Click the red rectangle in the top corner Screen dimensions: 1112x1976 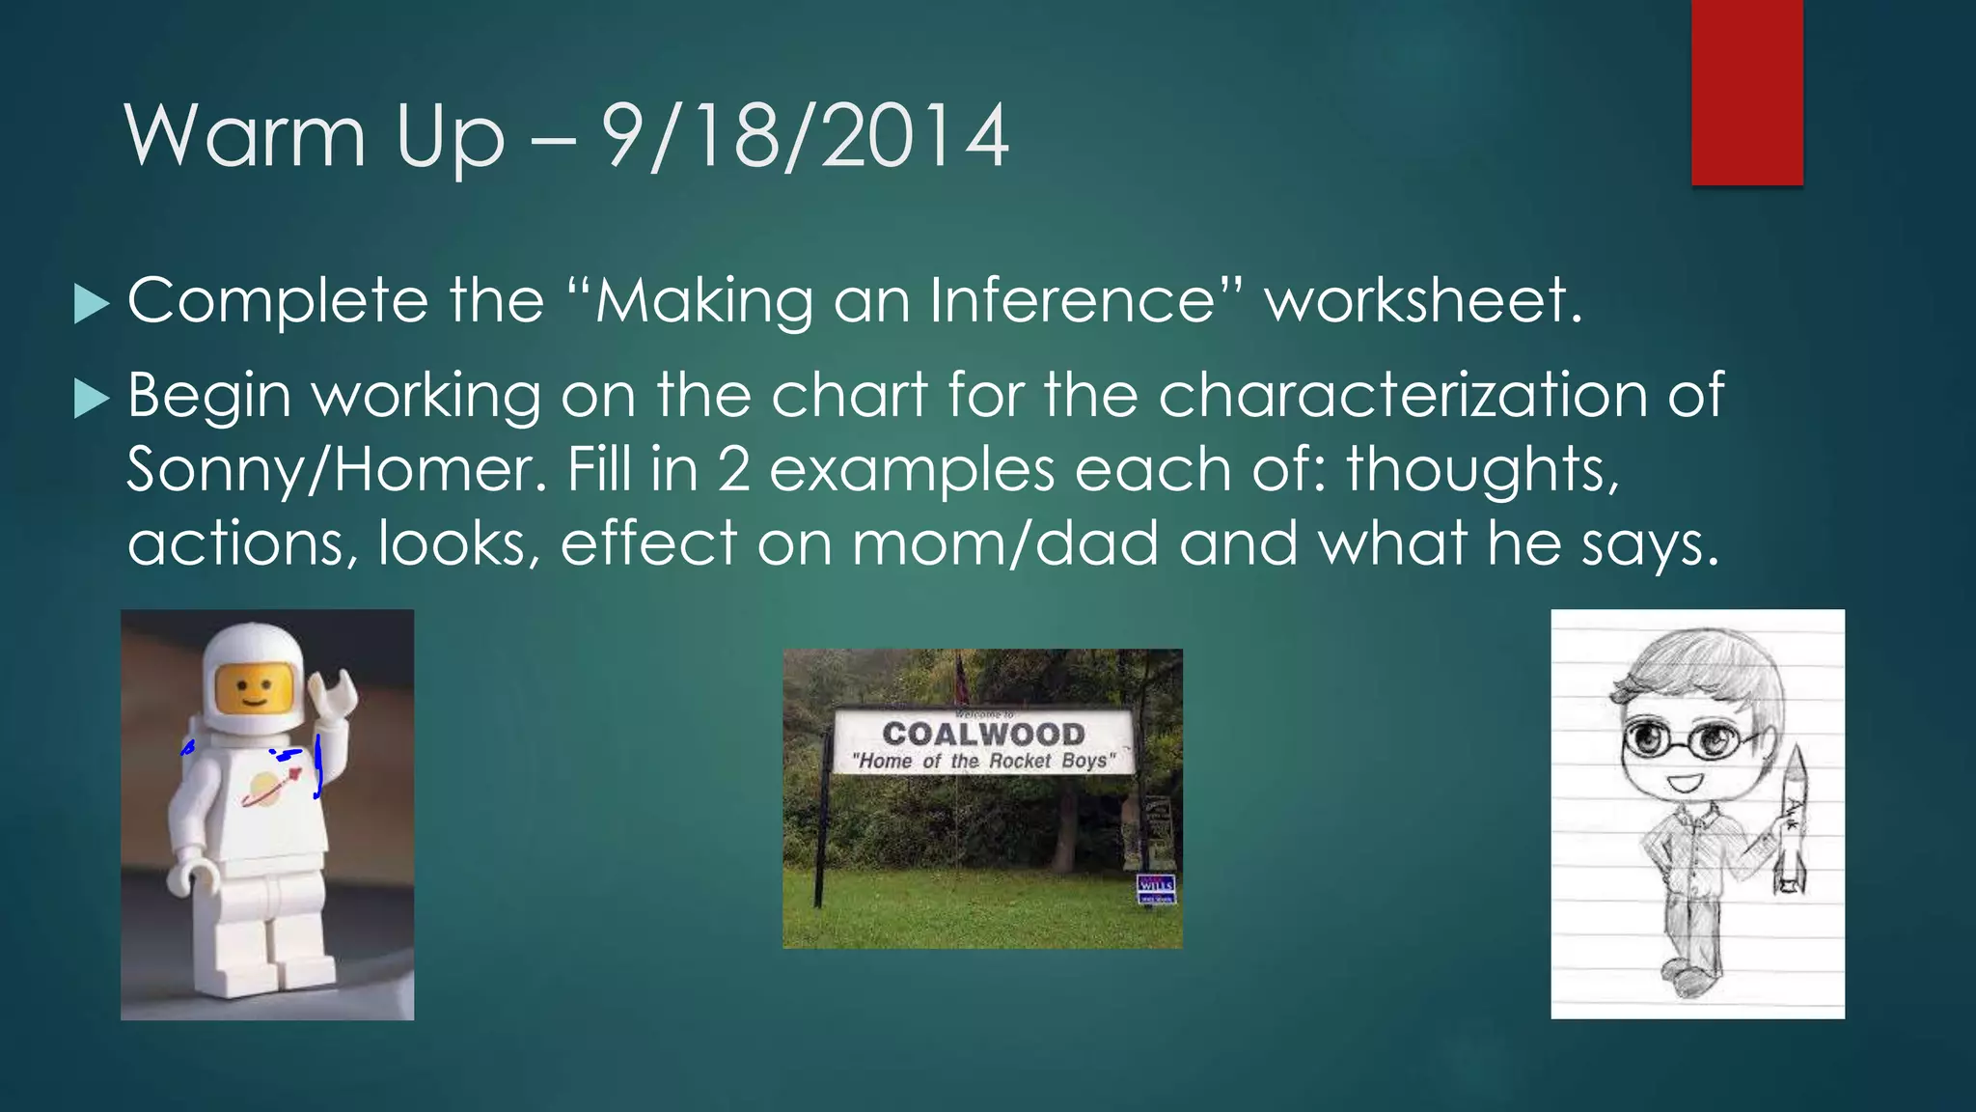tap(1746, 92)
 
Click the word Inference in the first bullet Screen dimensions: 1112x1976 tap(1071, 300)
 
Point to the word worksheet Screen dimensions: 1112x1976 tap(1422, 300)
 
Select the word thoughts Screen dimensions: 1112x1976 tap(1482, 470)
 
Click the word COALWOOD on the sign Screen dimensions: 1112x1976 tap(982, 735)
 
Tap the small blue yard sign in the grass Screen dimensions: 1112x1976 tap(1156, 888)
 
